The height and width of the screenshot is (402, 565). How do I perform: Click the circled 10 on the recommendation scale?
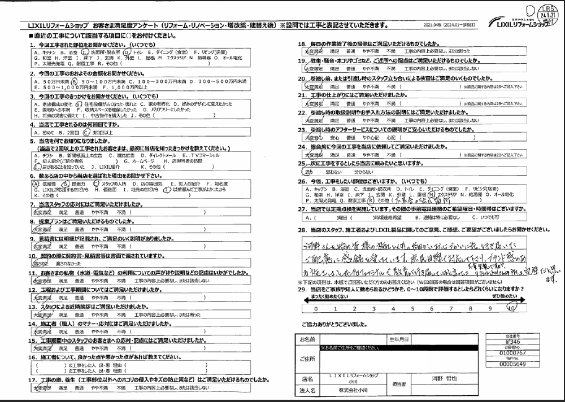(511, 309)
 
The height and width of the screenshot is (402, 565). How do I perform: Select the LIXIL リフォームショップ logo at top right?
(520, 25)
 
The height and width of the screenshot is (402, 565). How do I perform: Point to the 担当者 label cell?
(399, 383)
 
